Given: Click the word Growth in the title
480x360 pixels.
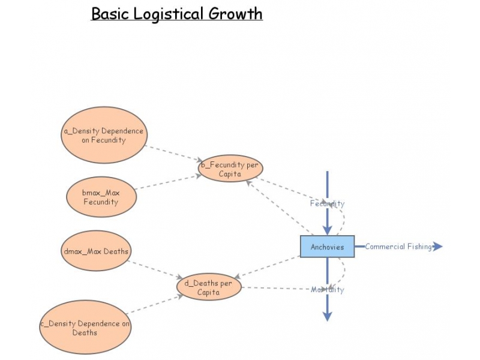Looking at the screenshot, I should click(x=235, y=13).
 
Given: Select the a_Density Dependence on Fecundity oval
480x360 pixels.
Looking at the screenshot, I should click(x=104, y=136).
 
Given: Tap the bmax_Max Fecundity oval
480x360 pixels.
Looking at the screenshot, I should click(x=101, y=197).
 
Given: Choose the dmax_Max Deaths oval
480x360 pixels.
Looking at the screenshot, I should click(x=96, y=251).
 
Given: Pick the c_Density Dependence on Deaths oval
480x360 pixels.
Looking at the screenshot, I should click(x=85, y=328).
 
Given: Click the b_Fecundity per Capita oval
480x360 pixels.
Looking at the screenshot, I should click(x=230, y=169).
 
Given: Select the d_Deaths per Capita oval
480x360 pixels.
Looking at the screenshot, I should click(x=208, y=288).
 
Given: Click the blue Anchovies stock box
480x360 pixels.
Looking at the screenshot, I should click(x=327, y=247).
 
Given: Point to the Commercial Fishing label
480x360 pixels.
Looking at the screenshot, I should click(x=398, y=247).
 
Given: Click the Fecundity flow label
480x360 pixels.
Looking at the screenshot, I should click(x=327, y=203).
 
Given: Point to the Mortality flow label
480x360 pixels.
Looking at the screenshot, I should click(x=327, y=290).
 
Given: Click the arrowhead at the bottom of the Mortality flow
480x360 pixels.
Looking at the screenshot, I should click(x=327, y=316).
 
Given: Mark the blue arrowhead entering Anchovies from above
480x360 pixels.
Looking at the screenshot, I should click(x=327, y=230).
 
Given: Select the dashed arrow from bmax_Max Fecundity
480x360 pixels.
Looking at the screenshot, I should click(x=168, y=182).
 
